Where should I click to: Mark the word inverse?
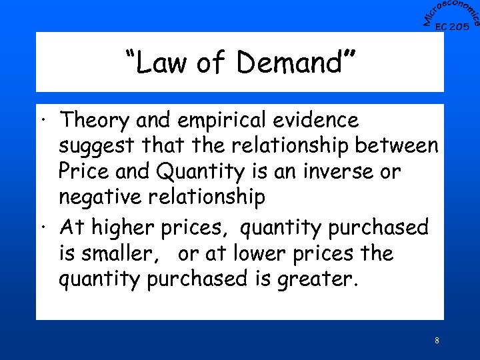335,171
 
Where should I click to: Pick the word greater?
319,279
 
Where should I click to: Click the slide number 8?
436,341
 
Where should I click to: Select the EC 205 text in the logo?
451,27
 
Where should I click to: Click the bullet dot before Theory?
43,123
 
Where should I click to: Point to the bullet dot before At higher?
43,229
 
